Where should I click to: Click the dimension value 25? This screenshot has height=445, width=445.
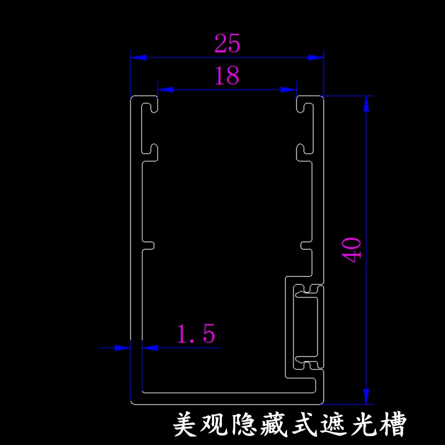pyautogui.click(x=228, y=43)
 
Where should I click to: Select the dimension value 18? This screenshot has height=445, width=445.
pyautogui.click(x=227, y=76)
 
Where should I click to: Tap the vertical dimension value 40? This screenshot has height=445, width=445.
pyautogui.click(x=352, y=250)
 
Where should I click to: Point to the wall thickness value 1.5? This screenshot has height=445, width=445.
pyautogui.click(x=196, y=333)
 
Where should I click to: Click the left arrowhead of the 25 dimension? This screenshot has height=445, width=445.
pyautogui.click(x=139, y=58)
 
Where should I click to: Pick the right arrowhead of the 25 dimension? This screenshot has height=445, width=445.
pyautogui.click(x=315, y=58)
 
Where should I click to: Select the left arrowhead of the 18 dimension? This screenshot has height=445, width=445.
pyautogui.click(x=166, y=90)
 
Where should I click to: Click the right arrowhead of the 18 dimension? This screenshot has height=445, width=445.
pyautogui.click(x=288, y=90)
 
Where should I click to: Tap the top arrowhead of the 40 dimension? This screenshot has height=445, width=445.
pyautogui.click(x=367, y=104)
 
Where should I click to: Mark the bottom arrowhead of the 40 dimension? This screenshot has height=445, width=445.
pyautogui.click(x=367, y=396)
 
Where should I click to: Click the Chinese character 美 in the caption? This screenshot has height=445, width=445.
pyautogui.click(x=185, y=424)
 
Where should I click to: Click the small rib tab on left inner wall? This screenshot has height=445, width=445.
pyautogui.click(x=148, y=245)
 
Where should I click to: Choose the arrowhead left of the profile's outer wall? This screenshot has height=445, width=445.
pyautogui.click(x=122, y=348)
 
